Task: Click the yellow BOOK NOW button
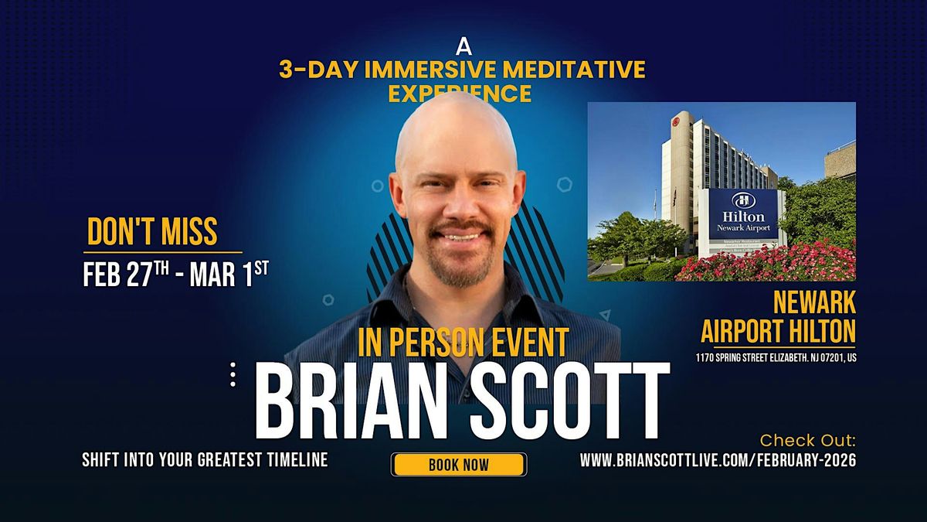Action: point(459,464)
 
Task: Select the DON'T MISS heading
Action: point(152,232)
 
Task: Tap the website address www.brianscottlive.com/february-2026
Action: point(718,460)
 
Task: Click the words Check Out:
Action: point(808,441)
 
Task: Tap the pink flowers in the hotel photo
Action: point(772,263)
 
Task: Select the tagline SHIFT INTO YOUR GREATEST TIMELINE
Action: point(205,460)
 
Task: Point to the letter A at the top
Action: point(463,46)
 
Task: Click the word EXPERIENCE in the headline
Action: point(460,94)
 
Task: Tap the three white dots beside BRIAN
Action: point(233,374)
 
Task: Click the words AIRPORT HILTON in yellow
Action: point(778,331)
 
